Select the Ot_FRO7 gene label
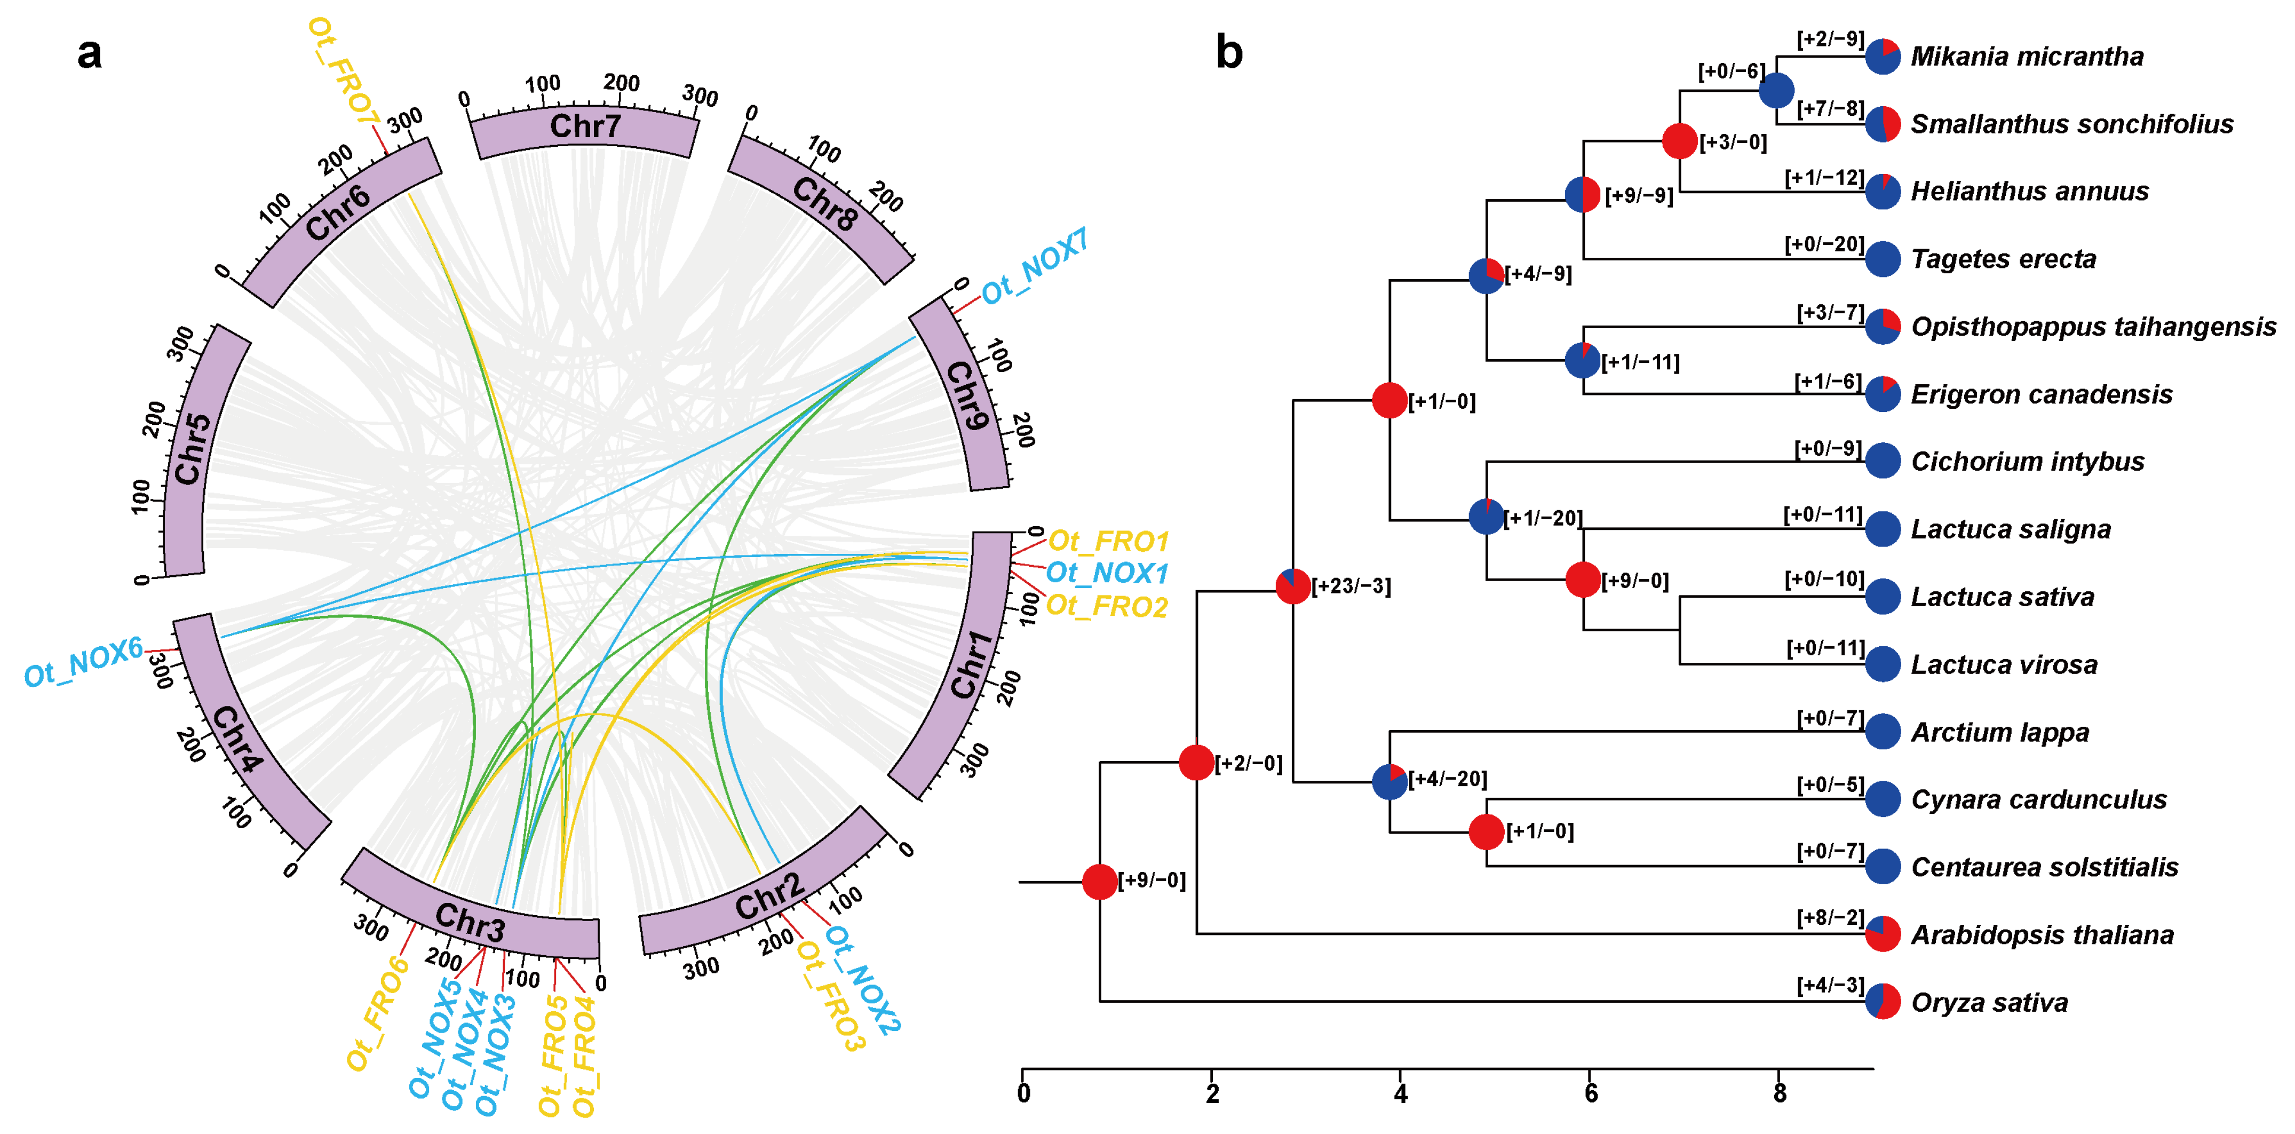point(343,72)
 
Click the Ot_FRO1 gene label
point(1107,541)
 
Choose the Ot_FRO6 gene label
point(377,1014)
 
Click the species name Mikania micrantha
point(2027,57)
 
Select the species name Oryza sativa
point(1989,1003)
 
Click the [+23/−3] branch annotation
point(1351,586)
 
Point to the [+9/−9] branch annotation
point(1638,196)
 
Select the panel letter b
point(1229,53)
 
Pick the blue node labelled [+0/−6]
point(1776,90)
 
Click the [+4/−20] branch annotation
point(1447,780)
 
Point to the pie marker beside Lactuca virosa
point(1883,664)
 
